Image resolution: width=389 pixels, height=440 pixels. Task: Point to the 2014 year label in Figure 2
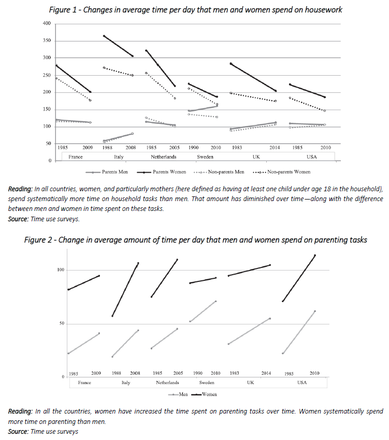click(266, 373)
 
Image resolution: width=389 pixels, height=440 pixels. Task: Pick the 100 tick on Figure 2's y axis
click(60, 270)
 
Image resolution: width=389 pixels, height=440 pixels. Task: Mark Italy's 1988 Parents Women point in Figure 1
click(104, 36)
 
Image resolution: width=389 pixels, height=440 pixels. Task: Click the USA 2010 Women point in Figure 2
click(314, 255)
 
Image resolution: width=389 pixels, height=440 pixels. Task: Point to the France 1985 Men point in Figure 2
click(68, 353)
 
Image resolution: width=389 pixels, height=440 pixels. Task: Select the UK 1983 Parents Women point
click(231, 63)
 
